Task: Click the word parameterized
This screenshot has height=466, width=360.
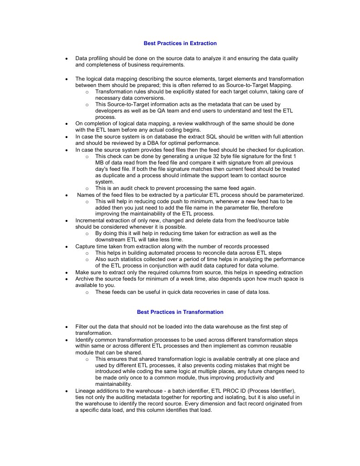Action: (x=284, y=195)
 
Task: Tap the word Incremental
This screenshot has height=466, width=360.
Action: (x=91, y=220)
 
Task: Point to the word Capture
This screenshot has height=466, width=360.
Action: (x=85, y=246)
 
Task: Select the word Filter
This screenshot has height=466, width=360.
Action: (x=82, y=327)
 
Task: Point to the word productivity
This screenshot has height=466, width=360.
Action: (x=249, y=378)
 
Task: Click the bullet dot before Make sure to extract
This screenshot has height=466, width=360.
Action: (x=67, y=272)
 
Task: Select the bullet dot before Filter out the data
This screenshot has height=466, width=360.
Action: (x=67, y=327)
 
